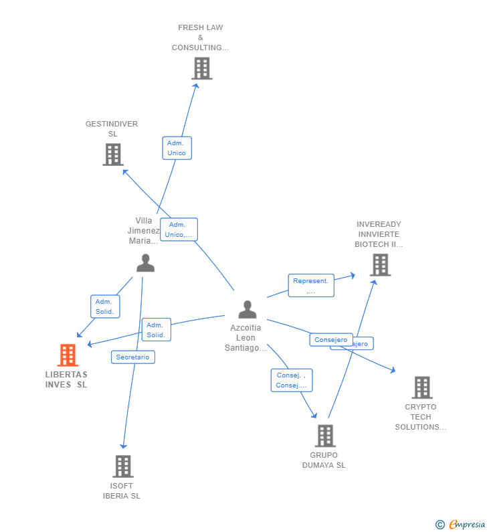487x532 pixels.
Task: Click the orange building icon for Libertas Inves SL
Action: [x=68, y=355]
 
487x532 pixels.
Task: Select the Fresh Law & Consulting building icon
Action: [x=201, y=68]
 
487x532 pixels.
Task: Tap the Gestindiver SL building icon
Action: [x=113, y=155]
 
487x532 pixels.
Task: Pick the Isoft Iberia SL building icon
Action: [x=122, y=466]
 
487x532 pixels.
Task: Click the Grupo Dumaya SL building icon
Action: [x=324, y=436]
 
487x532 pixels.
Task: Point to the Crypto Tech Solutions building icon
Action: [x=421, y=387]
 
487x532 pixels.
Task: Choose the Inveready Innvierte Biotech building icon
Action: [x=380, y=265]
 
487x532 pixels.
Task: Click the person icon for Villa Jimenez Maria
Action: [x=145, y=263]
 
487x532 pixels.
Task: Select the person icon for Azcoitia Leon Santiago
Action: [x=248, y=309]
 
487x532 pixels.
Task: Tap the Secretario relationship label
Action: [x=133, y=357]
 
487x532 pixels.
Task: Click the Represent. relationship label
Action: [x=310, y=286]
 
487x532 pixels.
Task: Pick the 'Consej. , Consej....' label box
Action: [x=291, y=380]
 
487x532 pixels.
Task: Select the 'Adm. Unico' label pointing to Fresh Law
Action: [x=177, y=148]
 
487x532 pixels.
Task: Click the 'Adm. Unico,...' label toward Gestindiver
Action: [x=179, y=230]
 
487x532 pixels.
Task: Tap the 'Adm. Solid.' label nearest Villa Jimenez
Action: [x=104, y=306]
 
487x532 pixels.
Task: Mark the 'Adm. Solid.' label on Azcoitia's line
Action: [x=156, y=330]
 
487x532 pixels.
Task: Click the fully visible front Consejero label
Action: [x=331, y=340]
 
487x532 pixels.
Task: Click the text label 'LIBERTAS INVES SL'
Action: [x=66, y=379]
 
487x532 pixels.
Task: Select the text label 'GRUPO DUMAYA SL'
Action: [x=324, y=460]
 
